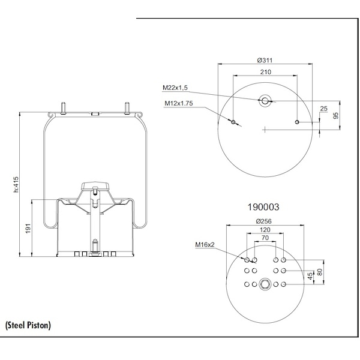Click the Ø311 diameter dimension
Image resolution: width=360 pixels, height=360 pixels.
265,61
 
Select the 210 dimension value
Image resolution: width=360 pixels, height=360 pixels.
265,72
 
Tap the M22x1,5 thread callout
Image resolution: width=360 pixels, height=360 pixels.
175,88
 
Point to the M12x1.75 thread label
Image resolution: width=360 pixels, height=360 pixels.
178,103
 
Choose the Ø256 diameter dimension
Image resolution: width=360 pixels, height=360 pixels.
265,220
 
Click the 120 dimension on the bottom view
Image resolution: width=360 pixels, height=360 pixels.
265,230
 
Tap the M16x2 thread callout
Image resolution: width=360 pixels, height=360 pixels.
205,245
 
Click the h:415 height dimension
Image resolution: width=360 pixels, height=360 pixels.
16,184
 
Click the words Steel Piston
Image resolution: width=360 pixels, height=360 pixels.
28,325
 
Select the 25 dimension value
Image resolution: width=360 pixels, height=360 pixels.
324,109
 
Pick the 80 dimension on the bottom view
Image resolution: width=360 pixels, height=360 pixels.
320,272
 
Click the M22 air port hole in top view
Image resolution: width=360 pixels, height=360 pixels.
265,100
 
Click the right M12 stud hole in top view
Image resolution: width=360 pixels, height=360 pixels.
298,122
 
